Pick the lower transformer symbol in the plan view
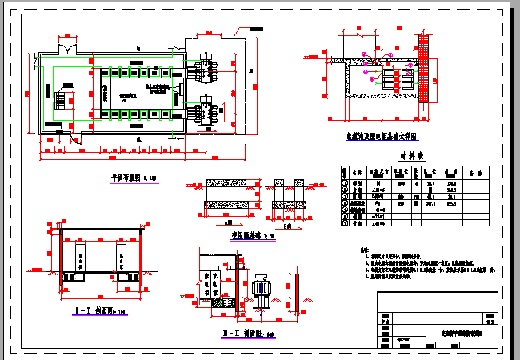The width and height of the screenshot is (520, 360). click(206, 108)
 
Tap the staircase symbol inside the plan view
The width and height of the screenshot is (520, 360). click(60, 101)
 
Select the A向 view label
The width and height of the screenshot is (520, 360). click(207, 222)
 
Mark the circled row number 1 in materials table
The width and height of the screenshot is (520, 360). click(346, 183)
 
